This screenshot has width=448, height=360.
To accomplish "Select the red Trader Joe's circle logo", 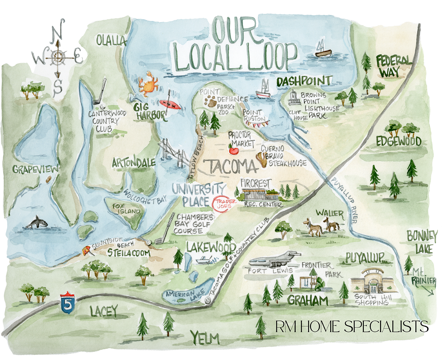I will tap(224, 204).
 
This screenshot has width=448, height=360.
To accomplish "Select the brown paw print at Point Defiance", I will tap(211, 101).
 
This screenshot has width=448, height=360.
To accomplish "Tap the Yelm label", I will tap(205, 339).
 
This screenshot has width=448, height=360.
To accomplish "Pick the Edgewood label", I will tap(398, 141).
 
